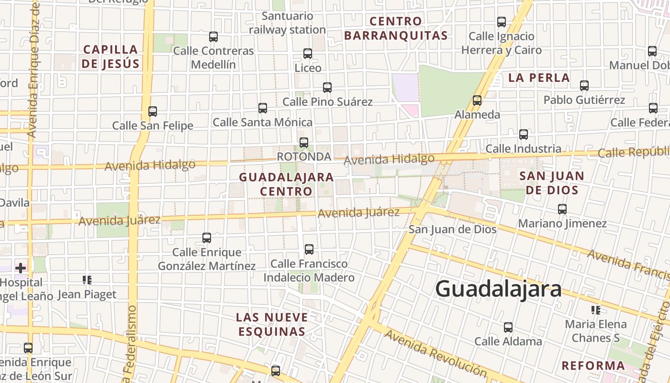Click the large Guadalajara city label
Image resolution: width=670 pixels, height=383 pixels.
click(x=498, y=289)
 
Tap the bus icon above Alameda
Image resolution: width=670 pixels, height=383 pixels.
click(x=477, y=101)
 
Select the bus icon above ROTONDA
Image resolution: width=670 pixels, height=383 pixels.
click(x=303, y=143)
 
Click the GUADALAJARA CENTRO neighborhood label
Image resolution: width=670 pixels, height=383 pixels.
click(x=286, y=184)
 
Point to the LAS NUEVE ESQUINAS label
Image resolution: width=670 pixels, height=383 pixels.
click(x=272, y=324)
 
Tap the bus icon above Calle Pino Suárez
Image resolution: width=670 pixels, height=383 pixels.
click(x=327, y=88)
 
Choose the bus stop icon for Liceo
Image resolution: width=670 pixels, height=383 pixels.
click(x=308, y=54)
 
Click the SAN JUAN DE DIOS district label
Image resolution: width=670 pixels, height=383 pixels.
click(x=552, y=183)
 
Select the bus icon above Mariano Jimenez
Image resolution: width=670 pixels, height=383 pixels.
click(x=562, y=209)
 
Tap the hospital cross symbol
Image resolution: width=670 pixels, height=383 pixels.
click(x=21, y=268)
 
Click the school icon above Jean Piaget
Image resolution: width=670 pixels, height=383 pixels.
click(x=87, y=280)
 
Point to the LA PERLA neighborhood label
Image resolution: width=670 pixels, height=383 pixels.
click(x=539, y=78)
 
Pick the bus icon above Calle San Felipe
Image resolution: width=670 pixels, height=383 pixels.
click(x=153, y=112)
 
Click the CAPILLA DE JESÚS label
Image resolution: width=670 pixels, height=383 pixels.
click(x=111, y=56)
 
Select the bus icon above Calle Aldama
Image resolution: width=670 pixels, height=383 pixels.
click(x=508, y=327)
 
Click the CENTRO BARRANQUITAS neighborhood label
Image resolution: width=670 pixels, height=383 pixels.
click(x=396, y=28)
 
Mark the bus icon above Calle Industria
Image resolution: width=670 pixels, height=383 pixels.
click(x=524, y=135)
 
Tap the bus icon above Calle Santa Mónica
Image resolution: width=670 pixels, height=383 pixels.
click(x=263, y=108)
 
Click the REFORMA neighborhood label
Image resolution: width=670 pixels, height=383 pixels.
click(x=593, y=366)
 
